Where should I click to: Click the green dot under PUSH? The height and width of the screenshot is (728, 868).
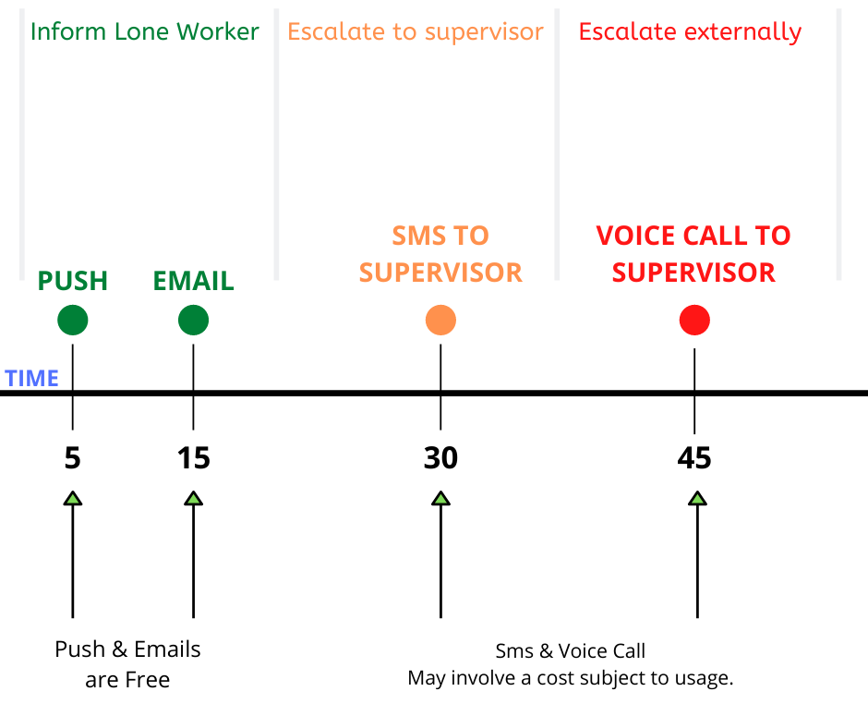73,321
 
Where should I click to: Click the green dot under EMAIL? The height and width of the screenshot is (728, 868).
193,321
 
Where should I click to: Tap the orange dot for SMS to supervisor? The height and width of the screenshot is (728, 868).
440,321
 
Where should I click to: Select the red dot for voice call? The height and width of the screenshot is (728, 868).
694,321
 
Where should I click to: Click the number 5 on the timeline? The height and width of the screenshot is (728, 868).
73,458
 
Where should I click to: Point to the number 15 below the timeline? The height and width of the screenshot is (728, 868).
193,458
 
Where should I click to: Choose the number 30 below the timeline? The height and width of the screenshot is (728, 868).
440,458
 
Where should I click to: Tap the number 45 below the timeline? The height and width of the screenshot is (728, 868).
694,458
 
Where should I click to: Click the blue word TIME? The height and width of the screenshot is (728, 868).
31,379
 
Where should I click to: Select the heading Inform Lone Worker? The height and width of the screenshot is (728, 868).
144,31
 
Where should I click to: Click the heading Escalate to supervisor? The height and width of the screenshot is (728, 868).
416,32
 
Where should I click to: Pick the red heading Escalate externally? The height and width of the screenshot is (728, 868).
690,32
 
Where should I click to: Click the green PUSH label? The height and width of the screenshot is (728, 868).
73,281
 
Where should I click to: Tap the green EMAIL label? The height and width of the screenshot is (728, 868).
193,281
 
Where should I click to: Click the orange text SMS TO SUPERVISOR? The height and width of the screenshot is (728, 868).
440,254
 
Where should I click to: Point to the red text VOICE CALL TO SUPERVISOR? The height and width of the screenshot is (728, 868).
693,254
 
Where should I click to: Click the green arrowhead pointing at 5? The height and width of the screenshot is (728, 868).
73,498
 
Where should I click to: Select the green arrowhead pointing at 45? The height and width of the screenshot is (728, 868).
697,498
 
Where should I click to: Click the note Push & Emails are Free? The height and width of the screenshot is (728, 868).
127,664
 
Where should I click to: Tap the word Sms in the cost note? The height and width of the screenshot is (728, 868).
514,651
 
